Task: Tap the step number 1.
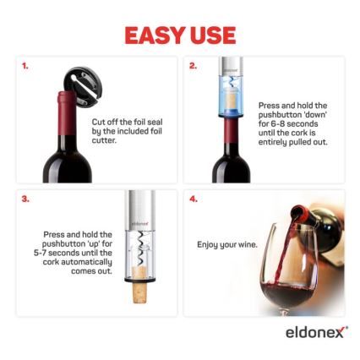click(25, 65)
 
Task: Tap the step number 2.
click(193, 65)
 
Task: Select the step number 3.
click(25, 199)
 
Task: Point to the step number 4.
click(193, 199)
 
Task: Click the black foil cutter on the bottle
click(83, 84)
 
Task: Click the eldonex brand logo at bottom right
click(315, 331)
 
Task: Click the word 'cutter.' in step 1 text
click(103, 139)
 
